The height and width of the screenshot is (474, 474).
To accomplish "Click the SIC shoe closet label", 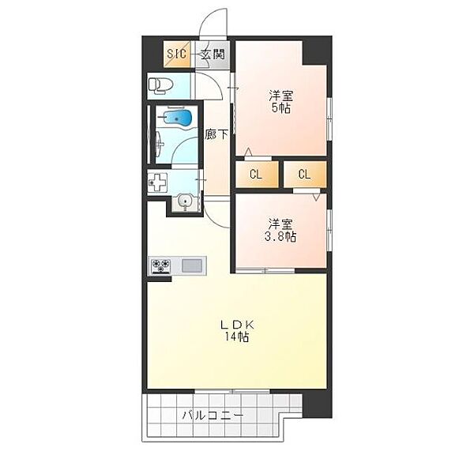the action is [x=176, y=55].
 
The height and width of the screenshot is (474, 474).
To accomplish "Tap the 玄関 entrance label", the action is [x=213, y=55].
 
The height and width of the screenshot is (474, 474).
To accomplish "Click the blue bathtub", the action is [x=178, y=118].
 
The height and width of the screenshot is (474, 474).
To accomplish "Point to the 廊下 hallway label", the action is [x=216, y=134].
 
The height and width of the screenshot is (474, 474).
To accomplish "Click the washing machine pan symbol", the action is [x=157, y=182].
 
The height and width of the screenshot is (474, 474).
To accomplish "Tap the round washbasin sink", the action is [x=184, y=201].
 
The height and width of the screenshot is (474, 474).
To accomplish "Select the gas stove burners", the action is [x=161, y=266].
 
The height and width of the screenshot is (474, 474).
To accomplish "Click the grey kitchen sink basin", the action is [x=192, y=265].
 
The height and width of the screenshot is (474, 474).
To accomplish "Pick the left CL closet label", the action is [x=256, y=175].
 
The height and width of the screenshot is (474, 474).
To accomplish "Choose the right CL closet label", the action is [x=304, y=175].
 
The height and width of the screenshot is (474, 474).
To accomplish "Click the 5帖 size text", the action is [x=281, y=108].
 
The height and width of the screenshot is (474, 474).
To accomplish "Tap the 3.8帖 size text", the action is [x=280, y=237].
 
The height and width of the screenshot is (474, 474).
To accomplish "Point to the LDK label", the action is [x=237, y=325].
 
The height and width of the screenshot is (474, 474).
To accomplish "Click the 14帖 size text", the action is [x=236, y=337].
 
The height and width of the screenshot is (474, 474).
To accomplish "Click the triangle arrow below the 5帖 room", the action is [x=249, y=152].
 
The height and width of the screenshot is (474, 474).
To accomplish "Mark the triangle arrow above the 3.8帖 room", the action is [x=316, y=197].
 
